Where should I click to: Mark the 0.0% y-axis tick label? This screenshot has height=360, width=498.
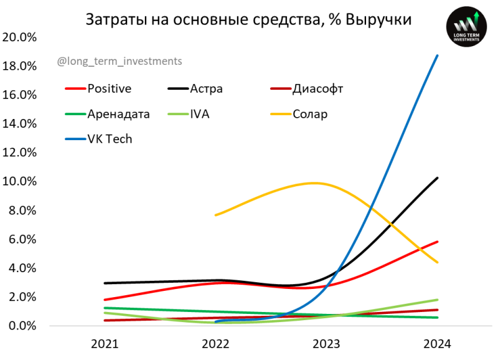click(22, 326)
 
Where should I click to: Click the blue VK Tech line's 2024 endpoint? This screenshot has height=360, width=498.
click(438, 55)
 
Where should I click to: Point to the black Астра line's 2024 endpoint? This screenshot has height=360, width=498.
click(438, 178)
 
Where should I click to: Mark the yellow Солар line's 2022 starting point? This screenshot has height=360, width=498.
click(215, 215)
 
